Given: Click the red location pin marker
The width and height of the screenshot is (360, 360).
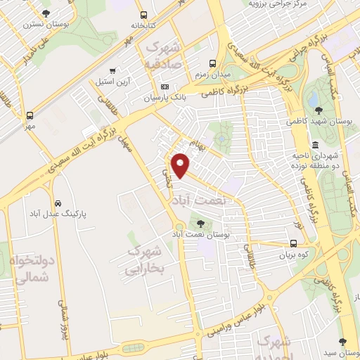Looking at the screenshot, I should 181,165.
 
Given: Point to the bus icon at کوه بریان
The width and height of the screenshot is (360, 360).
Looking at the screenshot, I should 293,244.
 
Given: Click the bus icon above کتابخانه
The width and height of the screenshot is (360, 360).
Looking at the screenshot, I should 144,15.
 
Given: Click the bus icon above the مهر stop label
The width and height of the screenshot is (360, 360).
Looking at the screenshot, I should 30,115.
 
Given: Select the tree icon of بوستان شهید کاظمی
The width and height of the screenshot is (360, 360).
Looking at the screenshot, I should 319,110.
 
